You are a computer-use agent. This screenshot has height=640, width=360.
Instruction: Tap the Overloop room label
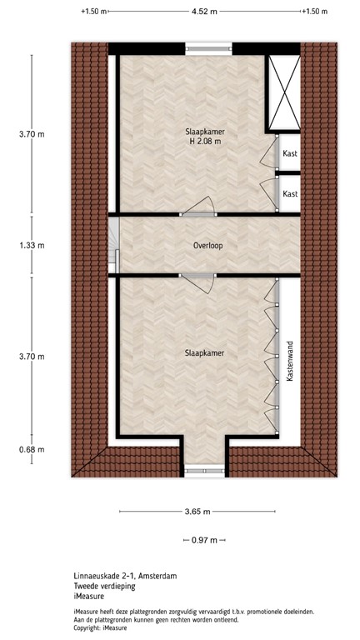[x=207, y=246]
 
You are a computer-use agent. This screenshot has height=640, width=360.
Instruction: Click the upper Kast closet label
[x=290, y=154]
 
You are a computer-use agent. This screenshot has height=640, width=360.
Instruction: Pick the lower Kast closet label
[x=290, y=193]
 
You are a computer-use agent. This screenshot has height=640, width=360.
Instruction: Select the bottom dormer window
[x=204, y=472]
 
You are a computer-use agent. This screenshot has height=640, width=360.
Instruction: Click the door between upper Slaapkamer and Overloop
[x=201, y=208]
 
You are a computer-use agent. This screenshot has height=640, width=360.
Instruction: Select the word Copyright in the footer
[x=90, y=627]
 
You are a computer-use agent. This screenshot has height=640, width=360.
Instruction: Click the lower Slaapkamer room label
[x=204, y=353]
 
